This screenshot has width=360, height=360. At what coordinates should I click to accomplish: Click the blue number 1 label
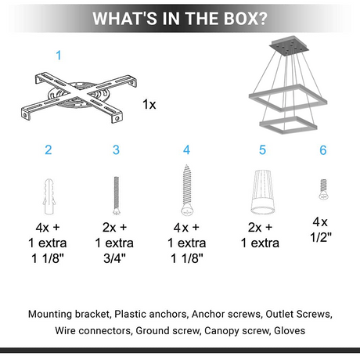point(59,56)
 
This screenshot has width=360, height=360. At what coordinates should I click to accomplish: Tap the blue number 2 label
point(49,150)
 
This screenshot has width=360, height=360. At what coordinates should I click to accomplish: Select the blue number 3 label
point(116,150)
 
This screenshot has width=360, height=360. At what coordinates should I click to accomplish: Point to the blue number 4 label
point(186,150)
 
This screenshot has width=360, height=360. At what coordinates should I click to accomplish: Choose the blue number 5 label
point(262,150)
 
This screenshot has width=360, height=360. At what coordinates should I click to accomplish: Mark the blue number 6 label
point(323,150)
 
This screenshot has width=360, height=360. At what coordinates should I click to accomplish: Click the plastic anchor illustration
point(49,196)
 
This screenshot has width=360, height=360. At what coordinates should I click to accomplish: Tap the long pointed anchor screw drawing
point(186,190)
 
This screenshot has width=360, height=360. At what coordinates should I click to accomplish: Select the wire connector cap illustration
point(263,192)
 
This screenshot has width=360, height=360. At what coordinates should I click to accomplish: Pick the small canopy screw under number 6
point(323,189)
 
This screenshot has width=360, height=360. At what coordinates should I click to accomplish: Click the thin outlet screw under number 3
point(117,196)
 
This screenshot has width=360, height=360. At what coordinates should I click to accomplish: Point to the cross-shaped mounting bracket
point(78,97)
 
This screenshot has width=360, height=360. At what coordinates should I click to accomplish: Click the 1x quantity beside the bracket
point(149,104)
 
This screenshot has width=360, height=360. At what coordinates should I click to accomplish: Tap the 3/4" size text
point(114,258)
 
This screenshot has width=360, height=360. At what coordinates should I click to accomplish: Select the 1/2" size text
point(321,237)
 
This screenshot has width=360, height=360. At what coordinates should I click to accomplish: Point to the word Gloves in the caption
point(290,330)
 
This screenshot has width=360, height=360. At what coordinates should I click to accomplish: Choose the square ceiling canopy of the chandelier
point(289,45)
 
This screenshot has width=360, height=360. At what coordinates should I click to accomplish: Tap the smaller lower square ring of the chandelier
point(288,125)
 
